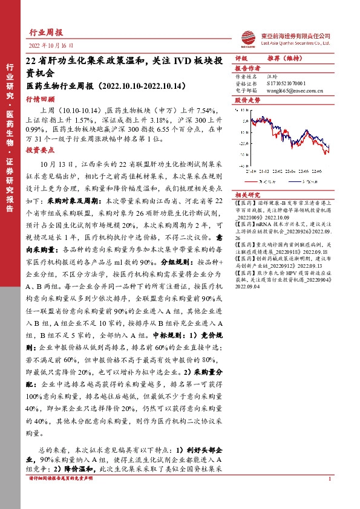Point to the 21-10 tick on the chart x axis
(x=250, y=170)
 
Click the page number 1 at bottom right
(x=329, y=496)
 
